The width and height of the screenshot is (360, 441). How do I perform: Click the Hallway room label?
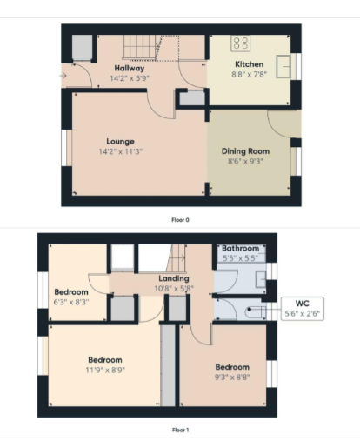pyautogui.click(x=130, y=69)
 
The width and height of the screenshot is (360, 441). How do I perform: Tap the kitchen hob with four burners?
pyautogui.click(x=241, y=43)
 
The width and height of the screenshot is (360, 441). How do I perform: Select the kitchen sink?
pyautogui.click(x=283, y=66)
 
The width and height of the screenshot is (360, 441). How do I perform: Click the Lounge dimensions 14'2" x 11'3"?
pyautogui.click(x=121, y=151)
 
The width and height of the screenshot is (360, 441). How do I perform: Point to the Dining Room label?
pyautogui.click(x=245, y=151)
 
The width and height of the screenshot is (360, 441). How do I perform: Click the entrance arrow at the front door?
pyautogui.click(x=63, y=76)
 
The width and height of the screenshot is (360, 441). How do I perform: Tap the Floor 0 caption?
pyautogui.click(x=180, y=220)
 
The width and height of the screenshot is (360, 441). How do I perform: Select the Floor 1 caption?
pyautogui.click(x=180, y=430)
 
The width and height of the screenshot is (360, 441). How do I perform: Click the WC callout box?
pyautogui.click(x=303, y=309)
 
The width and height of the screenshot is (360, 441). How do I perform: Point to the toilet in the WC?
pyautogui.click(x=256, y=311)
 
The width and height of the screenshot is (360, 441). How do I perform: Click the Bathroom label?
pyautogui.click(x=241, y=248)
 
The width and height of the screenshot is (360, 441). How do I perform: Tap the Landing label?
pyautogui.click(x=174, y=278)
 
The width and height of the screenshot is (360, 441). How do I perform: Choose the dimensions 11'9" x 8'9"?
pyautogui.click(x=105, y=370)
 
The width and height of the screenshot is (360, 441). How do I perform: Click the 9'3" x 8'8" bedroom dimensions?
pyautogui.click(x=232, y=377)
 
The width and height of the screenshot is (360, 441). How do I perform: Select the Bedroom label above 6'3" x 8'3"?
pyautogui.click(x=71, y=292)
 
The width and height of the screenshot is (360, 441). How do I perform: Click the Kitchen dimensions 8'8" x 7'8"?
pyautogui.click(x=250, y=74)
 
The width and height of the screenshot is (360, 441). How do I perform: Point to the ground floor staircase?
pyautogui.click(x=141, y=47)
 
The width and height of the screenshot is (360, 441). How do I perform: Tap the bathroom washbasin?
pyautogui.click(x=261, y=279)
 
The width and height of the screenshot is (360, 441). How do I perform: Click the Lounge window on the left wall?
pyautogui.click(x=66, y=148)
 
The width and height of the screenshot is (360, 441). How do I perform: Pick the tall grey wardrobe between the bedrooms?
pyautogui.click(x=168, y=365)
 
